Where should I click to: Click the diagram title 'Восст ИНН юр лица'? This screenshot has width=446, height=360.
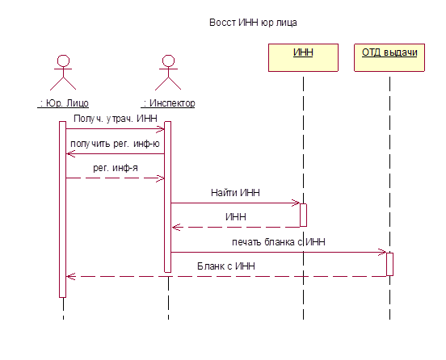click(253, 23)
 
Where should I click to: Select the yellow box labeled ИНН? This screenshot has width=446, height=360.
click(303, 57)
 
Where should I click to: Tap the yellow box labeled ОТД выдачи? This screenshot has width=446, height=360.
click(389, 57)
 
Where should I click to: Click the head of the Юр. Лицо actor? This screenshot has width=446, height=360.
click(63, 61)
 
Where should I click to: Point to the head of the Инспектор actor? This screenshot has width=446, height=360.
click(168, 61)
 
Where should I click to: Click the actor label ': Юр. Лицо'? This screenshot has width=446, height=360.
click(63, 103)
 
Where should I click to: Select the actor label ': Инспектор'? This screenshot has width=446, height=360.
click(168, 103)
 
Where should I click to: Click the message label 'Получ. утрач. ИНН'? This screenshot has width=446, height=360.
click(116, 119)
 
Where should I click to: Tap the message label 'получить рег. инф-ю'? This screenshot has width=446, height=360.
click(115, 144)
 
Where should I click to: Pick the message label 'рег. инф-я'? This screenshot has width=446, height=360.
click(116, 168)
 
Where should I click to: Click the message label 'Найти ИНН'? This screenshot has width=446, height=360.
click(235, 193)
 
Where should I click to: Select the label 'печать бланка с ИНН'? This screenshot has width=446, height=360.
click(279, 242)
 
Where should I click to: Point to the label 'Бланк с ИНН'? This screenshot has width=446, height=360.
click(226, 266)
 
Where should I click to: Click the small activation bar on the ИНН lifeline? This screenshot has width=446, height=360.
click(303, 215)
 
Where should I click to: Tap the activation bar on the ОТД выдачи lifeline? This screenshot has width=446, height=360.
click(389, 264)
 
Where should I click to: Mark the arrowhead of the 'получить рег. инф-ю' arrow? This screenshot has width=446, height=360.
click(69, 154)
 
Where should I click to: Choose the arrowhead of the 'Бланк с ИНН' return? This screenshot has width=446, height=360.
click(69, 277)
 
